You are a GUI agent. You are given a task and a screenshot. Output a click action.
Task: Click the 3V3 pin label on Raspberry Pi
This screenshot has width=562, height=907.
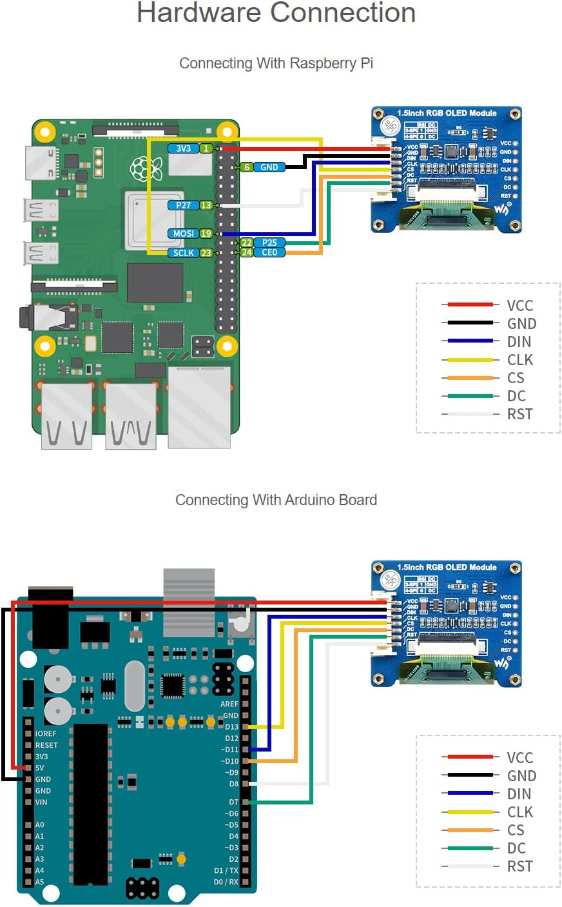coord(184,148)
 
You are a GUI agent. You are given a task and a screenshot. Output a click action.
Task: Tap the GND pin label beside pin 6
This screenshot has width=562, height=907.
coord(269,167)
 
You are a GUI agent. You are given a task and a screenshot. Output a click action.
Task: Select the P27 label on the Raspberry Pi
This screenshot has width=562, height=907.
coord(184,205)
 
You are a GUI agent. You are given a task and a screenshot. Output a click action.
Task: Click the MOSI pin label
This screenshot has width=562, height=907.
coord(184,234)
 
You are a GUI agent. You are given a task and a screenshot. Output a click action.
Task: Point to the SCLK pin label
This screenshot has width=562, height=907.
coord(184,253)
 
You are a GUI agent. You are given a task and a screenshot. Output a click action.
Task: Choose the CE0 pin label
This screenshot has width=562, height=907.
coord(269,252)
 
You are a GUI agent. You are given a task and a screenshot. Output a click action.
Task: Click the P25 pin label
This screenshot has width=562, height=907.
coord(269,243)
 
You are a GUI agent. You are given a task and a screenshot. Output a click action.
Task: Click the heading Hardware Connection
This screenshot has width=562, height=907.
coord(276,13)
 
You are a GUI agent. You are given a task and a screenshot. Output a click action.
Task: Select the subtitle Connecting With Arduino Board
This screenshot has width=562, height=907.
coord(276,500)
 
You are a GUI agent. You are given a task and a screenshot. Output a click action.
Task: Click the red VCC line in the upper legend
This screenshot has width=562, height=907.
coord(470,304)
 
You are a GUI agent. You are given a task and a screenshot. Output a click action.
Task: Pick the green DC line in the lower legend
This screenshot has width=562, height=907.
coord(470,848)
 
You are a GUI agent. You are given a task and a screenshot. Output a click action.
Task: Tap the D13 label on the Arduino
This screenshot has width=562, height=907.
coord(231,727)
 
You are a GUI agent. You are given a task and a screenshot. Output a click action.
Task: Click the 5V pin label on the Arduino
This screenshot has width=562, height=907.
coord(40,768)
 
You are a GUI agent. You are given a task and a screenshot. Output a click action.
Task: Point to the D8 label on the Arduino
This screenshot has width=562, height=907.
coord(233,784)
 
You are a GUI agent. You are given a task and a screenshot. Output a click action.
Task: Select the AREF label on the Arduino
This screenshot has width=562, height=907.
coord(229,704)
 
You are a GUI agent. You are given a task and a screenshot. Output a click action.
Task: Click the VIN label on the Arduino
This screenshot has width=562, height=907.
coord(41,802)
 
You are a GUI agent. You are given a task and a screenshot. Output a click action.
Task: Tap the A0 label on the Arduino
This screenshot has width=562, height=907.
coord(39,824)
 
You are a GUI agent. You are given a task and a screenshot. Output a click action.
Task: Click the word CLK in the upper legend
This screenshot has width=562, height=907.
coord(519,360)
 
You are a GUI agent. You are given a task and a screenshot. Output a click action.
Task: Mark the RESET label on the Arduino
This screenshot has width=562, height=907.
coord(46,745)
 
